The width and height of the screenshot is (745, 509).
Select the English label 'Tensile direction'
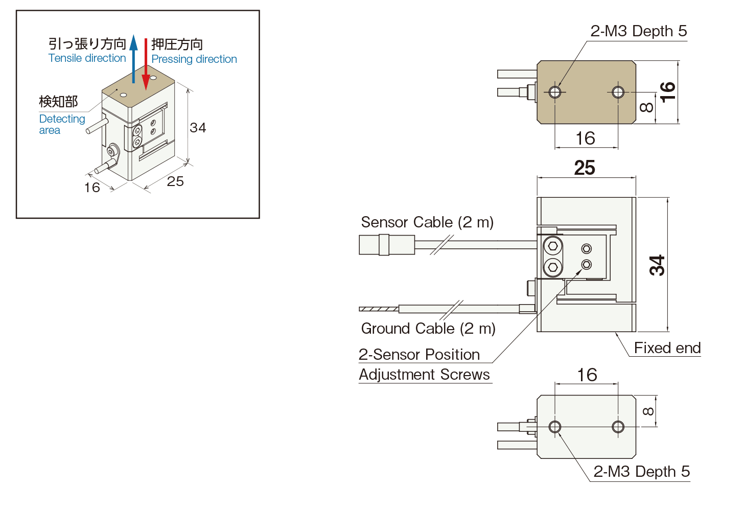click(x=87, y=58)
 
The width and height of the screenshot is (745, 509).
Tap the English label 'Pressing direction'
click(x=194, y=59)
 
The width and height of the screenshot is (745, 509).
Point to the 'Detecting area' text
click(x=62, y=124)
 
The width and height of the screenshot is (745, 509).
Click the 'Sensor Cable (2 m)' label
click(x=427, y=222)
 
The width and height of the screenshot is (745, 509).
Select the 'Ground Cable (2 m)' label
click(x=428, y=329)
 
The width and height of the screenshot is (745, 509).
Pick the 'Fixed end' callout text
click(x=667, y=348)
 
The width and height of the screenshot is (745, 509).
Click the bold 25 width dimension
click(x=585, y=168)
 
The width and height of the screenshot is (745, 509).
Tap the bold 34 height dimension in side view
click(x=657, y=265)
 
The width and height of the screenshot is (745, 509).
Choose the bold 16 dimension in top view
click(x=667, y=92)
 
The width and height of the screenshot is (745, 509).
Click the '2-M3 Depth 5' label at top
click(x=638, y=31)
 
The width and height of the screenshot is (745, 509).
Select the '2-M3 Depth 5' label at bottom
click(x=641, y=472)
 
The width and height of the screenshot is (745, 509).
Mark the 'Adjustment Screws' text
click(x=424, y=375)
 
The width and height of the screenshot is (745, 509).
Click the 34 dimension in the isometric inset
click(x=198, y=128)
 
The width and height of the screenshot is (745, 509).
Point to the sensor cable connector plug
click(x=386, y=245)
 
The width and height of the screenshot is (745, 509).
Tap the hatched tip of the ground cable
click(x=378, y=309)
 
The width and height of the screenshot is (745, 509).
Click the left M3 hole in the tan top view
click(x=555, y=92)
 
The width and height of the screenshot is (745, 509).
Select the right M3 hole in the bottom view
click(x=618, y=427)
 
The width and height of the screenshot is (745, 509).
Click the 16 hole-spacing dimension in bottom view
click(x=587, y=375)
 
